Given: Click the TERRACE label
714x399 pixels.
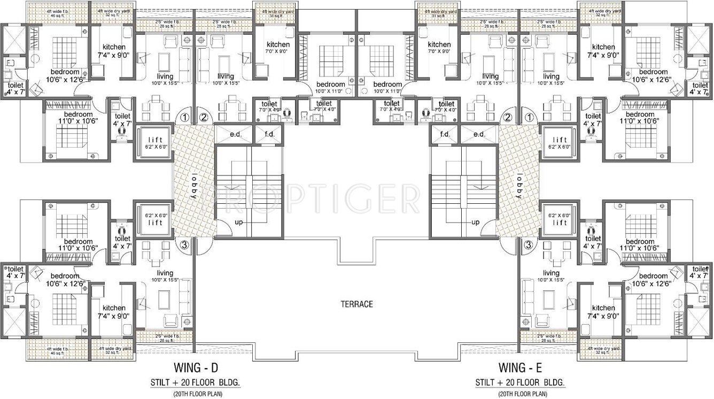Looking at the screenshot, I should click(x=356, y=304).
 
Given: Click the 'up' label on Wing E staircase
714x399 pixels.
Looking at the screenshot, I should click(x=475, y=222).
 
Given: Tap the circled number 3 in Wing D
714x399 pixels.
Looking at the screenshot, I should click(x=184, y=245).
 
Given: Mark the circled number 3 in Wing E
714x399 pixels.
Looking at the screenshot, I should click(x=529, y=245).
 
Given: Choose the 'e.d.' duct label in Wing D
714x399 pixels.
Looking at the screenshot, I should click(x=236, y=135).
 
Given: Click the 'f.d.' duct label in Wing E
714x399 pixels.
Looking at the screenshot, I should click(x=445, y=135).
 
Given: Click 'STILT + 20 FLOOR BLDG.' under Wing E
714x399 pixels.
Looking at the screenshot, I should click(x=519, y=383).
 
